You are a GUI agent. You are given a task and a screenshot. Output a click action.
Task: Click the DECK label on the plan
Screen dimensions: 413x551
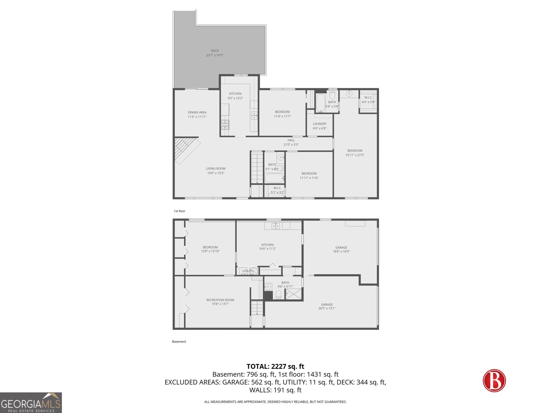[215, 51]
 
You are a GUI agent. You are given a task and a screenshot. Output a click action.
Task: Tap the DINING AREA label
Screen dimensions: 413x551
[197, 113]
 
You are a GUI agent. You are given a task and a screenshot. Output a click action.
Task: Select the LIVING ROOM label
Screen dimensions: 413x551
[216, 169]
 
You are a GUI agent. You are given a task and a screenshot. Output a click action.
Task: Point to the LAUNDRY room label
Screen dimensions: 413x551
[320, 124]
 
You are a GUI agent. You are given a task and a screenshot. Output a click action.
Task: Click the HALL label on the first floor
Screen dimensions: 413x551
[291, 140]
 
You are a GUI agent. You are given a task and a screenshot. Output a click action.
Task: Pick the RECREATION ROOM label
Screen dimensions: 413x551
[220, 300]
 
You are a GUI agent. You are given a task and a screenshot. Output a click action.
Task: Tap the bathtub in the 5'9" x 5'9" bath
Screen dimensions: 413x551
[320, 103]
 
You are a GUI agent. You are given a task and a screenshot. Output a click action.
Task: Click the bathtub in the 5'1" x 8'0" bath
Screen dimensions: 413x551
[274, 178]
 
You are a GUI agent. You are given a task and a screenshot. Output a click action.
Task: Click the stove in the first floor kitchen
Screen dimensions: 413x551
[225, 125]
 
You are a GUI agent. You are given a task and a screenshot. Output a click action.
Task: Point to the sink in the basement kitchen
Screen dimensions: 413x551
[275, 226]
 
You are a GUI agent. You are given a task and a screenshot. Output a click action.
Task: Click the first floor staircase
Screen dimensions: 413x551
[257, 168]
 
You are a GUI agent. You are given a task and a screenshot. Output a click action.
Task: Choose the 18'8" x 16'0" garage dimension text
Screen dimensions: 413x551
[341, 252]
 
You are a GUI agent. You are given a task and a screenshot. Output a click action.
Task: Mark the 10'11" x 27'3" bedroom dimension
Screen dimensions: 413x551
[355, 155]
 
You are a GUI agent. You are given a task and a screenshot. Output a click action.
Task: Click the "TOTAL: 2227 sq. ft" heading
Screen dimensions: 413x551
[275, 367]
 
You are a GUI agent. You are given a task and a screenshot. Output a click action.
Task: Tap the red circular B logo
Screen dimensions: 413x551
[494, 381]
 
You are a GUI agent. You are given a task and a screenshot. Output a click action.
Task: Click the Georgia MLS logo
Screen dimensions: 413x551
[31, 403]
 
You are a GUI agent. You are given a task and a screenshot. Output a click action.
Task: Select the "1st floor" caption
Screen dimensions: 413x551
[179, 211]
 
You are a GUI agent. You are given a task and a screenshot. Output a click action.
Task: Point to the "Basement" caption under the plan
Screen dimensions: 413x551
[179, 341]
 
